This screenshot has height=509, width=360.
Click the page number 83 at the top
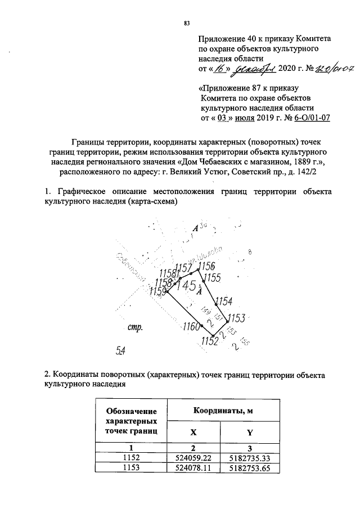pos(186,23)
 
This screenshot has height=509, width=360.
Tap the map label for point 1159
pos(159,291)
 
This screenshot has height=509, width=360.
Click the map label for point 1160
pos(192,327)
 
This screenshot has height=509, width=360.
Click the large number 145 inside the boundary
pos(186,286)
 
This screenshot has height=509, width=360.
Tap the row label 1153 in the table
pos(131,467)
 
